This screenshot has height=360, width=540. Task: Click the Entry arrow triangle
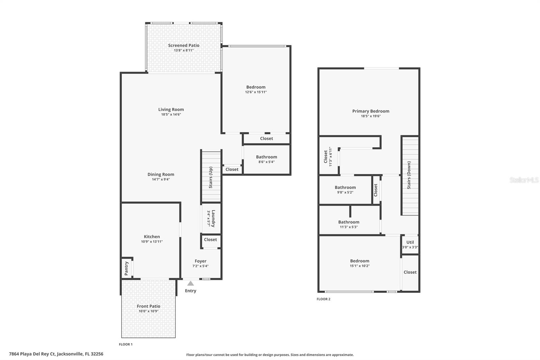pyautogui.click(x=191, y=283)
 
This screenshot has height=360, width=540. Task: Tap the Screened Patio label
pyautogui.click(x=184, y=45)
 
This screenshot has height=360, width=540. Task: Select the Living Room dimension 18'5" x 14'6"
pyautogui.click(x=171, y=114)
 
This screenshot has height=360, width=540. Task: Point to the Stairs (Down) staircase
pyautogui.click(x=409, y=175)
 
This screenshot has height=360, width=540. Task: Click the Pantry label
pyautogui.click(x=127, y=268)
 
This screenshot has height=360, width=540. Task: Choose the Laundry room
pyautogui.click(x=211, y=218)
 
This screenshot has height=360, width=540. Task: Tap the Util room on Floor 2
pyautogui.click(x=410, y=244)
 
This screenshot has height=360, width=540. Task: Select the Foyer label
pyautogui.click(x=200, y=261)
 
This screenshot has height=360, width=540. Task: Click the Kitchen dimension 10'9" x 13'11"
pyautogui.click(x=152, y=241)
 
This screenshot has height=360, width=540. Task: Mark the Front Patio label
pyautogui.click(x=148, y=306)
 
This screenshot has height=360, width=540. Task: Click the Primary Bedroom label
pyautogui.click(x=371, y=111)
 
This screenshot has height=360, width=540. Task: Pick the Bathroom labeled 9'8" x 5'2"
pyautogui.click(x=345, y=189)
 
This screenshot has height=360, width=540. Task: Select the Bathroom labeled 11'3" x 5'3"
pyautogui.click(x=349, y=224)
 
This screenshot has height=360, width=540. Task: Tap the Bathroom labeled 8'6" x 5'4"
pyautogui.click(x=266, y=159)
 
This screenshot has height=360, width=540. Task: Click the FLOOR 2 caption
pyautogui.click(x=323, y=299)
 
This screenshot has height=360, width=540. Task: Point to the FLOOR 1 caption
pyautogui.click(x=126, y=344)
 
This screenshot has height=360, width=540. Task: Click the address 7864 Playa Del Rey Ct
pyautogui.click(x=56, y=354)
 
